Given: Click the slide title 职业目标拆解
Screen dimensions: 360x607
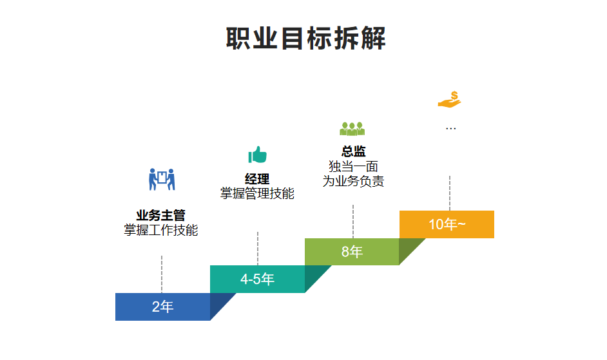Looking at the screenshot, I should [x=306, y=39].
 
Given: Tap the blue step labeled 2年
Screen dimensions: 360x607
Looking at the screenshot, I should [x=162, y=307].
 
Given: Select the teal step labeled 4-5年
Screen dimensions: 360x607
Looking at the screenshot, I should [x=257, y=279].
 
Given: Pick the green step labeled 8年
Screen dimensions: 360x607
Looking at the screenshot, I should [x=352, y=252].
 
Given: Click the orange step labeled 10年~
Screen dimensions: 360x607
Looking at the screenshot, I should [x=447, y=224].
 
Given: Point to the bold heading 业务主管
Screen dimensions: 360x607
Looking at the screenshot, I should [x=161, y=215].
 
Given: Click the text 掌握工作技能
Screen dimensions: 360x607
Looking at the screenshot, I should [x=161, y=230].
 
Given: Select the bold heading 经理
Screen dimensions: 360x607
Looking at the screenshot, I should [x=257, y=179].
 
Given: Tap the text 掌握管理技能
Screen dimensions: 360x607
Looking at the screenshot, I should [x=257, y=193].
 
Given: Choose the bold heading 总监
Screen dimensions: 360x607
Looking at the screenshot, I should [x=353, y=152].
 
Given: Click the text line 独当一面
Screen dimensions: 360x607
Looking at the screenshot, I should [x=353, y=167].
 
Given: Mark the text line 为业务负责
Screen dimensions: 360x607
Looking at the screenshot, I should [x=353, y=181].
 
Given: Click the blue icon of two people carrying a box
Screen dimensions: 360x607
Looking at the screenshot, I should [x=162, y=180].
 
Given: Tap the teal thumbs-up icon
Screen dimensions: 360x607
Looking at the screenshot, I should [x=258, y=155].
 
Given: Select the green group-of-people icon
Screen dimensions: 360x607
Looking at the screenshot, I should [x=352, y=128].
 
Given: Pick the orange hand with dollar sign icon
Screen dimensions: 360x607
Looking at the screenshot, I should [x=449, y=100].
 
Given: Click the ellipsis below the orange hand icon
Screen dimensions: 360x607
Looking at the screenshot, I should [x=450, y=129].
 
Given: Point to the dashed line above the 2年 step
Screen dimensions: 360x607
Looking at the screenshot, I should [x=162, y=274].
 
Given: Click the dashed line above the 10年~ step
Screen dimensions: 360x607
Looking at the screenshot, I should [x=450, y=193].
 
